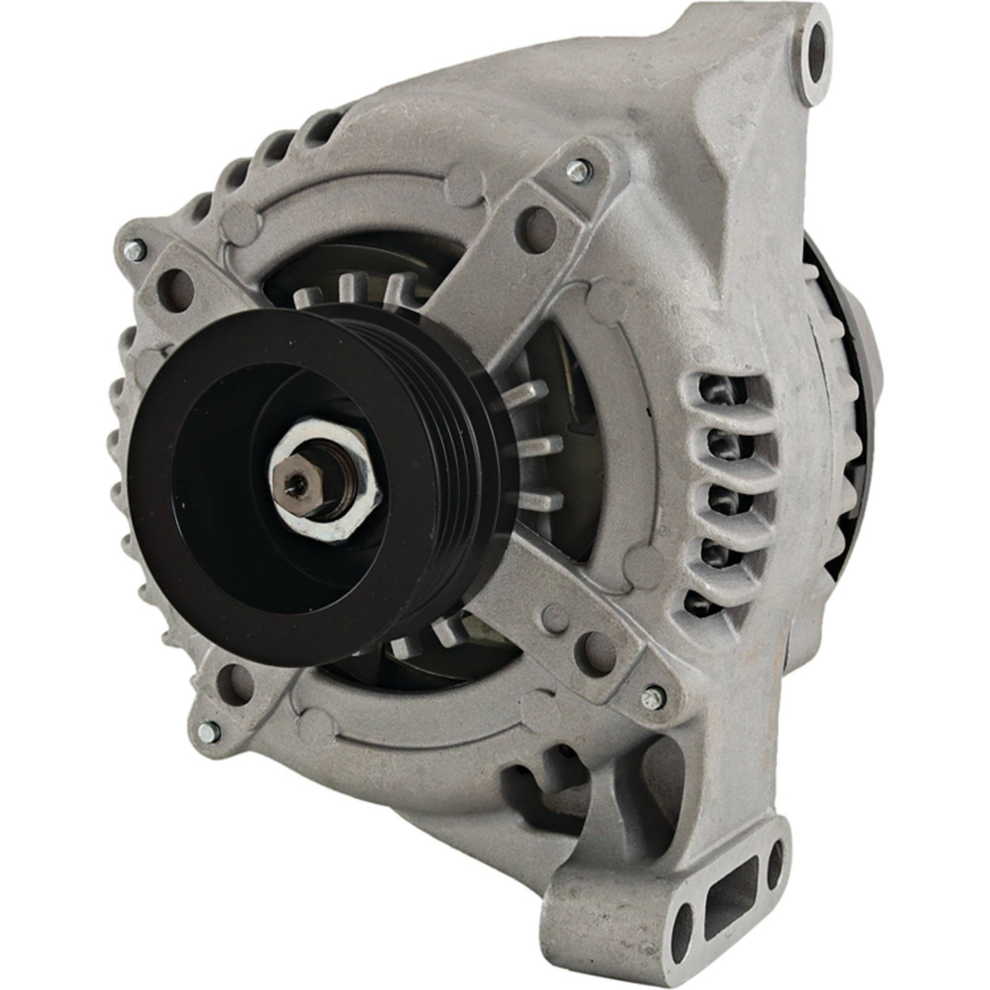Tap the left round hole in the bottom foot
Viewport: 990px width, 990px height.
[x=680, y=936]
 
